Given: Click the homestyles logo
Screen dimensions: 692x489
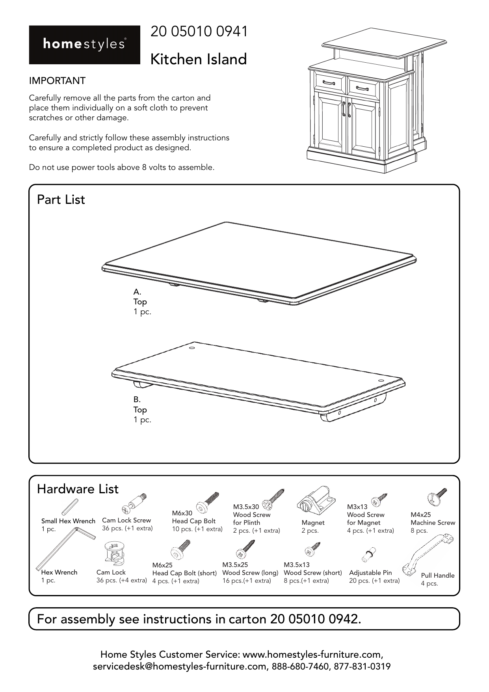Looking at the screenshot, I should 84,45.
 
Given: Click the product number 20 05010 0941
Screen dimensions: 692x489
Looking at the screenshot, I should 199,32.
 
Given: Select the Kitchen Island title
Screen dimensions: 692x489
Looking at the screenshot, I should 199,59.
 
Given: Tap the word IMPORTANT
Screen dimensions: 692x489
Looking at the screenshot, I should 57,81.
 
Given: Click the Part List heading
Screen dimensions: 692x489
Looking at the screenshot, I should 61,200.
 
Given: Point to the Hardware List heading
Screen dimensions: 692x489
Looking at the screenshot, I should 78,489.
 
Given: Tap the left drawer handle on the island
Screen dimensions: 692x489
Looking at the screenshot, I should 329,82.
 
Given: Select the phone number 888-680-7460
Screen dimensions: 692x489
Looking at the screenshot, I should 301,667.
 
